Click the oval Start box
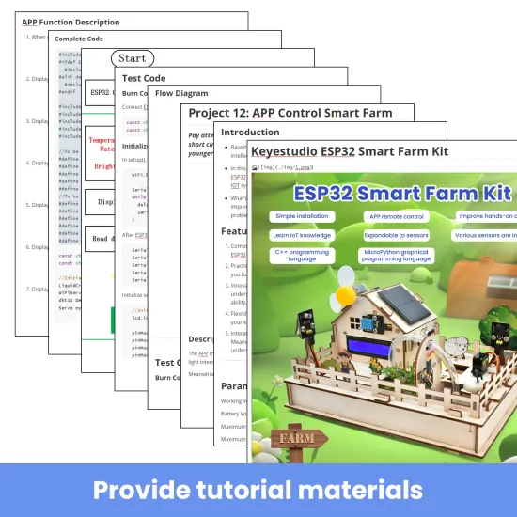[132, 58]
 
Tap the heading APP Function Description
[70, 22]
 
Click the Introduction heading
[250, 133]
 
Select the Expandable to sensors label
[397, 235]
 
